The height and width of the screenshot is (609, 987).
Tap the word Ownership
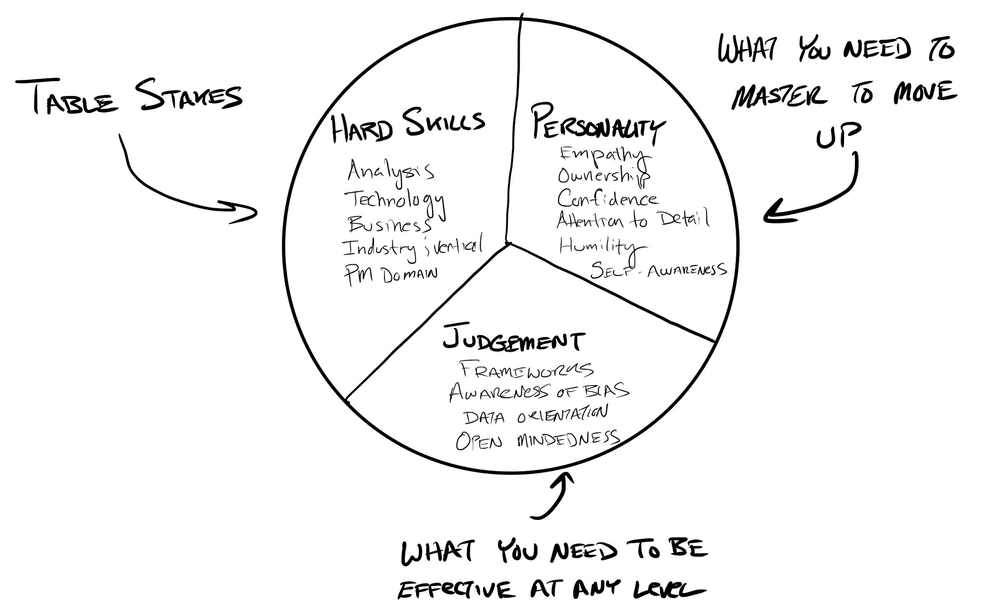pos(604,176)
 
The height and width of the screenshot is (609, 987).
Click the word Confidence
pos(607,199)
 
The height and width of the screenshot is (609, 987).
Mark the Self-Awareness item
pos(658,271)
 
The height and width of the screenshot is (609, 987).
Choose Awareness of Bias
pos(539,392)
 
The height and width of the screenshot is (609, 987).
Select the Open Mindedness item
pos(537,440)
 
